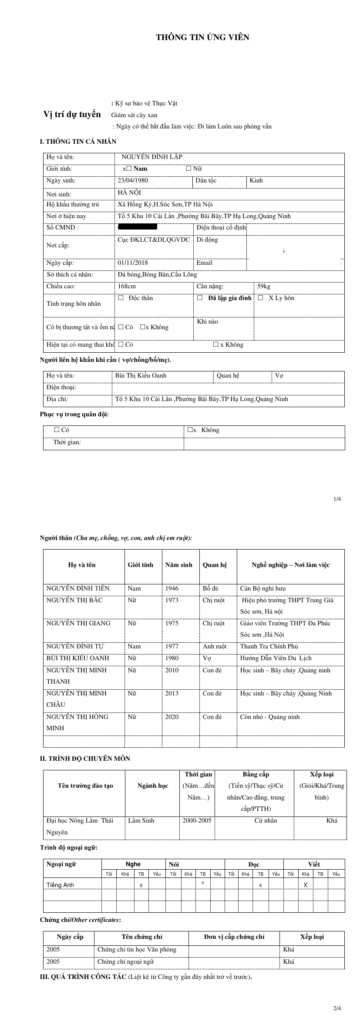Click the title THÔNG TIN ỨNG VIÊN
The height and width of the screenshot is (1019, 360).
point(202,37)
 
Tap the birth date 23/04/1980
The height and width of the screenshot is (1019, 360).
point(133,180)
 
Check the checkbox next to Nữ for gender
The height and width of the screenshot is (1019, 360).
point(188,169)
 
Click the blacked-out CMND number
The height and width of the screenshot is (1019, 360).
point(138,227)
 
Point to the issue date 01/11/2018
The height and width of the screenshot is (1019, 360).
point(133,263)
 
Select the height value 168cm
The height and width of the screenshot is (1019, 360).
point(127,286)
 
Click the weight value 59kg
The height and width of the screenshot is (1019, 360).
point(264,286)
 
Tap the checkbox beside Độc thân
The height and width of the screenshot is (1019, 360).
point(121,298)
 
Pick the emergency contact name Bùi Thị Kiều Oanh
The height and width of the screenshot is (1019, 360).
point(141,375)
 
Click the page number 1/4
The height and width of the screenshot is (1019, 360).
point(337,499)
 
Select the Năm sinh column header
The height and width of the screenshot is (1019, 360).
point(178,565)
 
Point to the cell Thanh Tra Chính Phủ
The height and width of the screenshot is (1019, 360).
point(269,646)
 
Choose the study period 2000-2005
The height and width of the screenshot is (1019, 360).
point(197,820)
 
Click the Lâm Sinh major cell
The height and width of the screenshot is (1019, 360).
point(141,820)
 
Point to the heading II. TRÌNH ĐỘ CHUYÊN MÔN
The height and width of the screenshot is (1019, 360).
point(85,758)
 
